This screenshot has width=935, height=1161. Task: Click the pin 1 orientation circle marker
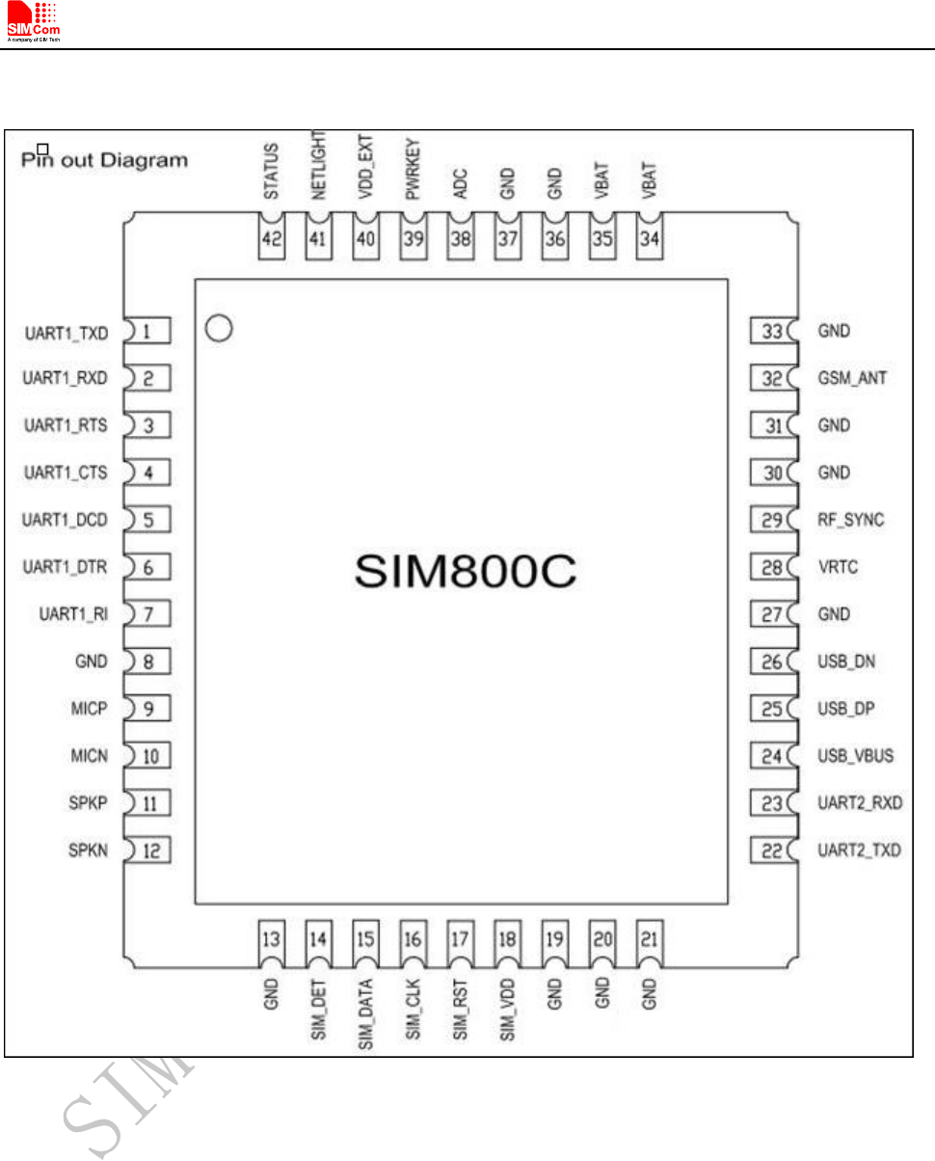(x=219, y=330)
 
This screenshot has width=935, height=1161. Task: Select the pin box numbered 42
(x=272, y=241)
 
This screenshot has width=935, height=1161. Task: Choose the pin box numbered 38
(x=461, y=241)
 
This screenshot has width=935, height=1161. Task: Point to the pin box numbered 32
(x=770, y=379)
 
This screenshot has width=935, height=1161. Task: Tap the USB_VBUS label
(x=855, y=756)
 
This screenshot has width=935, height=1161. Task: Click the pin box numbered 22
(x=770, y=850)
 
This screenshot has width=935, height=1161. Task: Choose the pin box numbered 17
(x=461, y=938)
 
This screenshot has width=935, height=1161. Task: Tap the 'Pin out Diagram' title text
(x=105, y=160)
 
